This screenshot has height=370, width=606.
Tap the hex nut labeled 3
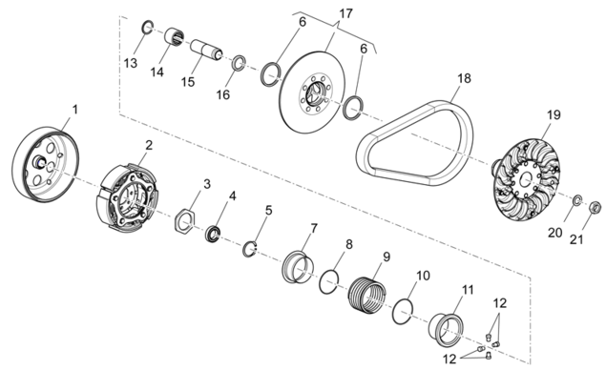coord(184,220)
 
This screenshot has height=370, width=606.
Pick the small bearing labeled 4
coord(213,234)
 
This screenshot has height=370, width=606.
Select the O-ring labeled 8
coord(328,282)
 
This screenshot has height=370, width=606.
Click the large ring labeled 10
coord(402,311)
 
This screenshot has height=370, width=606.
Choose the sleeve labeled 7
coord(297,267)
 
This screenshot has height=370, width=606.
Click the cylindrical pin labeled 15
coord(206,49)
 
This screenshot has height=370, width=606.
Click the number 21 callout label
coord(576,239)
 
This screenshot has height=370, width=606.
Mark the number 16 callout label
coord(223,94)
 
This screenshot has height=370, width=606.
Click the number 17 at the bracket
coord(345,13)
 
